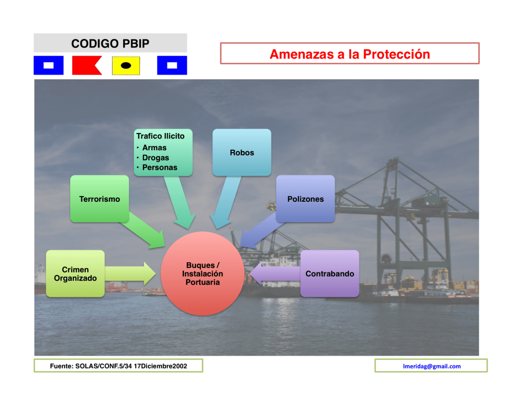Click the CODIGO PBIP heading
110,43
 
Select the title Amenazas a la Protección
349,54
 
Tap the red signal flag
86,65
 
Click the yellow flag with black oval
126,65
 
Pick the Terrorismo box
99,199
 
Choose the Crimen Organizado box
75,274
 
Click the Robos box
242,152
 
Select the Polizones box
305,199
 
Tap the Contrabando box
330,274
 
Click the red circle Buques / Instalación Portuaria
202,274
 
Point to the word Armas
154,148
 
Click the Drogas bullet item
156,158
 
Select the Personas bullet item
160,167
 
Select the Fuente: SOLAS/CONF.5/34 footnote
118,366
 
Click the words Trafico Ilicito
161,136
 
